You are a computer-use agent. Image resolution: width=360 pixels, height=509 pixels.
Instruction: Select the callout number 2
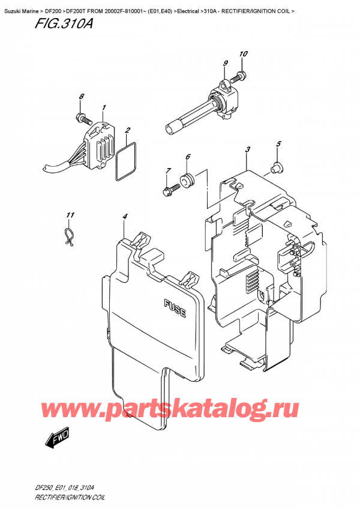[127, 130]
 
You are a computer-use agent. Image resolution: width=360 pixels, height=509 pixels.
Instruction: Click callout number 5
[278, 144]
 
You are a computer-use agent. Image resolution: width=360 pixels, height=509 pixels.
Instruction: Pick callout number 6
[187, 157]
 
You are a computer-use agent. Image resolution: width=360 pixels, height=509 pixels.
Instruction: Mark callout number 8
[82, 97]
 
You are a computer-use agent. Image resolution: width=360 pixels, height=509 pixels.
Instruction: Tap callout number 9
[225, 64]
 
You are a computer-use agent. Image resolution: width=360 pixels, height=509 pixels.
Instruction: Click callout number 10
[243, 55]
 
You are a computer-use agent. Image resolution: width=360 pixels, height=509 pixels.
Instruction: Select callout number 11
[70, 215]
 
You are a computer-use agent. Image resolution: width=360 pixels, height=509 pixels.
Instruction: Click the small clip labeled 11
[70, 236]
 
